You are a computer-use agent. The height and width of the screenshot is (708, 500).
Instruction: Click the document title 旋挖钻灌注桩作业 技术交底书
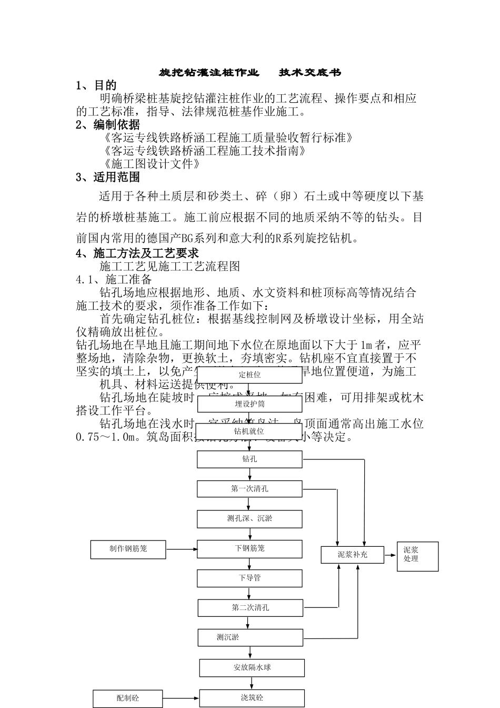(x=250, y=72)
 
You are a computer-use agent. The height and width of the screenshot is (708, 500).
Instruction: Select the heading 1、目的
(x=96, y=85)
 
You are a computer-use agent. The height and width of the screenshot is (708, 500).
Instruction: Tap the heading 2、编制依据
(x=108, y=125)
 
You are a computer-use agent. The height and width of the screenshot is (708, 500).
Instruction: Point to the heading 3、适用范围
(x=108, y=177)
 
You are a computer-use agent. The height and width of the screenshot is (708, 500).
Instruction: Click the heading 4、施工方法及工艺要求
(x=137, y=253)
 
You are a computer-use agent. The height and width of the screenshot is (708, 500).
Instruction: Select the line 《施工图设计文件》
(x=153, y=164)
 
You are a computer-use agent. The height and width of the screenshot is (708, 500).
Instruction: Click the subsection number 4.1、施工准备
(x=114, y=279)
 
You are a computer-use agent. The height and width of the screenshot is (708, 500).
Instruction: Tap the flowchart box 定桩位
(x=250, y=375)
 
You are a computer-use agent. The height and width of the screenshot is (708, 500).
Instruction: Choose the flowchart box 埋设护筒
(x=250, y=404)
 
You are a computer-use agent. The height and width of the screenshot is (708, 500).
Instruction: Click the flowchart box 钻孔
(x=250, y=459)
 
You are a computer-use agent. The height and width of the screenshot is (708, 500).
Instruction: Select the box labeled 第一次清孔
(x=250, y=489)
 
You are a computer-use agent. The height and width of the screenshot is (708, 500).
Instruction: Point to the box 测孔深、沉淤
(x=250, y=519)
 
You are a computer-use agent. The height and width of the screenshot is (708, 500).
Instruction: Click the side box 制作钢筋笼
(x=128, y=549)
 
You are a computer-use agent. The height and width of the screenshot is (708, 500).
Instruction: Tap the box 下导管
(x=250, y=578)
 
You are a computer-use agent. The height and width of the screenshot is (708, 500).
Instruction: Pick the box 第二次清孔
(x=250, y=608)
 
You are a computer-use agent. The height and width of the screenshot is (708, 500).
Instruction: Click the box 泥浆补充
(x=353, y=555)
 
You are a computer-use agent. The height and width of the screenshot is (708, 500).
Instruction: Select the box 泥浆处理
(x=418, y=556)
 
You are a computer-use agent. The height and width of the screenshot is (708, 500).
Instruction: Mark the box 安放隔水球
(x=252, y=668)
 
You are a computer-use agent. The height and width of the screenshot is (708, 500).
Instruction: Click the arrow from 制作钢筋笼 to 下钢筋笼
(x=182, y=549)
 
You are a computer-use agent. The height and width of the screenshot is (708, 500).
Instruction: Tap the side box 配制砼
(x=128, y=699)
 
